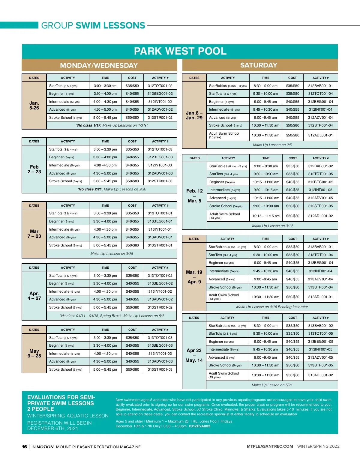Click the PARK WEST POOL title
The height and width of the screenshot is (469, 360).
click(x=180, y=51)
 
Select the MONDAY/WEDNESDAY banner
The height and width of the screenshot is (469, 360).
click(x=99, y=65)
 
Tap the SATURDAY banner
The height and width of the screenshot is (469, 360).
click(x=259, y=65)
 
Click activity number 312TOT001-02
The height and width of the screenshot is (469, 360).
click(x=160, y=86)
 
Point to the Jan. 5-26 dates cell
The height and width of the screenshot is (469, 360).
click(x=34, y=106)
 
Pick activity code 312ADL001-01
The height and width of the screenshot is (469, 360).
click(x=320, y=135)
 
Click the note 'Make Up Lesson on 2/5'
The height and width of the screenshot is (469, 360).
click(x=272, y=145)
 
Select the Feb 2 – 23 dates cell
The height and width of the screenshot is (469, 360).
click(x=34, y=169)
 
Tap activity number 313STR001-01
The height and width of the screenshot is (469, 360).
click(x=160, y=245)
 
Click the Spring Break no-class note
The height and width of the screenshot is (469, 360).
click(x=112, y=316)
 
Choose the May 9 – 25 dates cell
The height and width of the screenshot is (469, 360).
click(x=34, y=354)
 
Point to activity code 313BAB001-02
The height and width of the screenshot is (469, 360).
click(x=320, y=326)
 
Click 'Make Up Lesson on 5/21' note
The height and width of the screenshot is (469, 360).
click(x=272, y=385)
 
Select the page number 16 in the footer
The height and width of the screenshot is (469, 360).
click(x=24, y=447)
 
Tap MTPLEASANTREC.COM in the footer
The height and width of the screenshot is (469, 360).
click(x=270, y=447)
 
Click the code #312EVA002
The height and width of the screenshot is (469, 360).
click(x=199, y=426)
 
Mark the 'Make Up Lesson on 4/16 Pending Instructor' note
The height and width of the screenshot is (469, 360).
click(x=272, y=307)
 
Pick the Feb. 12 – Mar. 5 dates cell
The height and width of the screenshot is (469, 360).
click(x=194, y=196)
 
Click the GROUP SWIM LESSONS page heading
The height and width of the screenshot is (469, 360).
click(x=93, y=25)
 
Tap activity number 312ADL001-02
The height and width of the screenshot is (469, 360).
click(x=320, y=216)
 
